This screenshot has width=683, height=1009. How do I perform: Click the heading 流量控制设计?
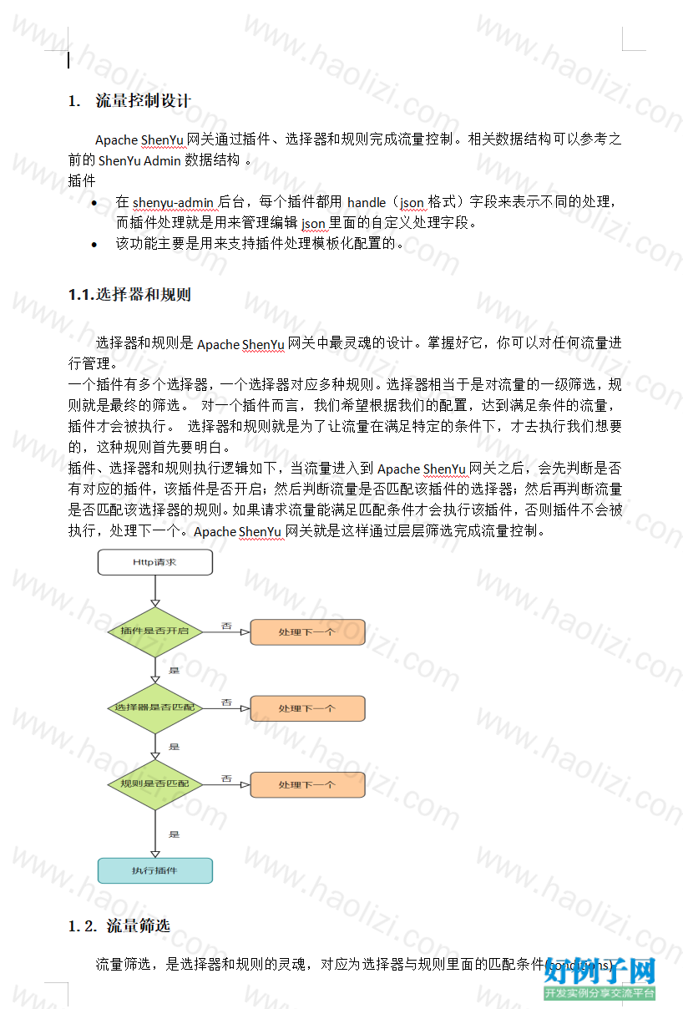click(x=143, y=100)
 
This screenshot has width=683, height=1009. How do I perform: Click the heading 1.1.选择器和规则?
click(x=129, y=295)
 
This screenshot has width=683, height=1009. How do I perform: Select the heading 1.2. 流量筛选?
click(x=119, y=926)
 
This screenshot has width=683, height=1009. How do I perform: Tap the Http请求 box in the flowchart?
click(x=154, y=562)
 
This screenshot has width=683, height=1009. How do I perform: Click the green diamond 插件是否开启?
click(x=154, y=631)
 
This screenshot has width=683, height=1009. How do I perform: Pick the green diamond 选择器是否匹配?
click(x=154, y=708)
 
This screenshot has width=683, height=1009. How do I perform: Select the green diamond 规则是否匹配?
click(x=154, y=784)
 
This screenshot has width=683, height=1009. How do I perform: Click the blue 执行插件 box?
click(x=154, y=870)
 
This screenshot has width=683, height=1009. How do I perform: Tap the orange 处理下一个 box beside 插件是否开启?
click(x=307, y=632)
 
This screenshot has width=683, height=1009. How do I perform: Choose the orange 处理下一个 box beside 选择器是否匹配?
click(x=307, y=708)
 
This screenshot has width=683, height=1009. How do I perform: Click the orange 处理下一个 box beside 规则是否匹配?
click(x=307, y=784)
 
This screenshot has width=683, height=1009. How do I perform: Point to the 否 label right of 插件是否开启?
click(x=226, y=626)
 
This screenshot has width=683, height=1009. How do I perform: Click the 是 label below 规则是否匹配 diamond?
click(x=175, y=834)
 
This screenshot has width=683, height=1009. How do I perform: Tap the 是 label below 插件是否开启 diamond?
click(x=175, y=670)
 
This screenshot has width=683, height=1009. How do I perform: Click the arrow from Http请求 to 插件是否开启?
click(x=155, y=591)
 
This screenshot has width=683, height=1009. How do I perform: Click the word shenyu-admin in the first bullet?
click(x=173, y=203)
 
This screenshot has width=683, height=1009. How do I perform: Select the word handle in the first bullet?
click(x=367, y=203)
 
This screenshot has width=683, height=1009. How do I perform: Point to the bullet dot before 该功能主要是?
click(x=94, y=245)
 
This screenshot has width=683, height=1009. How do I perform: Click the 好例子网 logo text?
click(x=600, y=971)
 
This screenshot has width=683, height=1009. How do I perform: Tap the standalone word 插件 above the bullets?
click(x=82, y=180)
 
